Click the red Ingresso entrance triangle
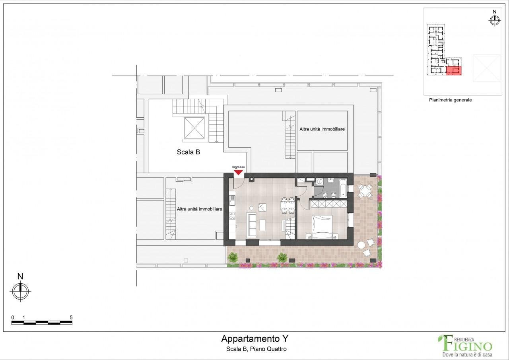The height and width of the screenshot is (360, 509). [238, 172]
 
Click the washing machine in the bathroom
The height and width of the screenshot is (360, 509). [319, 181]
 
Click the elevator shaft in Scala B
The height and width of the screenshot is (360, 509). [194, 128]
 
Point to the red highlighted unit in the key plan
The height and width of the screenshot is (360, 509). [454, 71]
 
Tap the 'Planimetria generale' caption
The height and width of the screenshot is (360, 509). [450, 100]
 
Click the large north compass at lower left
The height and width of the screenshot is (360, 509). [21, 290]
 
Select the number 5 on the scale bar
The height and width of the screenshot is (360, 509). [71, 317]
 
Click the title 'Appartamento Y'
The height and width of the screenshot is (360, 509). [254, 339]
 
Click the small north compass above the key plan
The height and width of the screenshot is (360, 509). [495, 20]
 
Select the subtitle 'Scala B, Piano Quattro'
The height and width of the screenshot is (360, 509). [254, 349]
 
